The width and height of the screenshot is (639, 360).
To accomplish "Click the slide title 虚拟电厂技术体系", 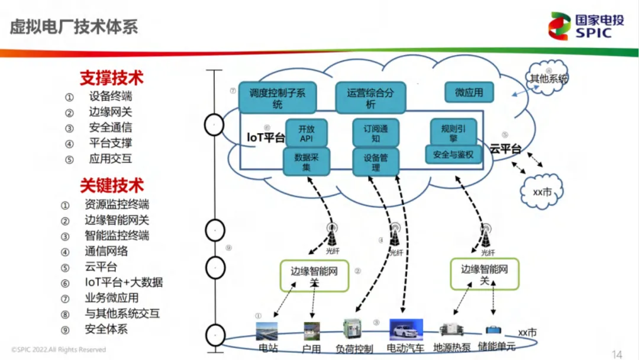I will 74,27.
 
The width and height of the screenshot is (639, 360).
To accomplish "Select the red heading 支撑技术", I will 112,78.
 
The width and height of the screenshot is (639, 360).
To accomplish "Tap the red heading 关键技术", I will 112,185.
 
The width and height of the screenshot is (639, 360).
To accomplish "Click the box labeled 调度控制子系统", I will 277,98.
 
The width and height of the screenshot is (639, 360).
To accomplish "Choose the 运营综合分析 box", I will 370,98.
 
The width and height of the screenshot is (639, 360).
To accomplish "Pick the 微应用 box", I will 469,93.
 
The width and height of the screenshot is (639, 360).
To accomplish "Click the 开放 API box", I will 306,133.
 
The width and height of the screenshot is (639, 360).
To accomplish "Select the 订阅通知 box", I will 376,133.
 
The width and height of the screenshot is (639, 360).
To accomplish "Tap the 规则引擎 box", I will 453,133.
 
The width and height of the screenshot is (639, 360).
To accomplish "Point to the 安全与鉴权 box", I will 453,155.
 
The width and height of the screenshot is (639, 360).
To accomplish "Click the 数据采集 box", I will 306,162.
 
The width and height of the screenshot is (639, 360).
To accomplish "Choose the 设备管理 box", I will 376,162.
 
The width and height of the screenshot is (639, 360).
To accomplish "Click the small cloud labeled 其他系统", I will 548,78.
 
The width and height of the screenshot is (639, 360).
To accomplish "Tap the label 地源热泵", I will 452,348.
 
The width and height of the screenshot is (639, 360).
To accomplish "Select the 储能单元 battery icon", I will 493,330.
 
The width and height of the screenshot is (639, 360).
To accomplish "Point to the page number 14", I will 617,354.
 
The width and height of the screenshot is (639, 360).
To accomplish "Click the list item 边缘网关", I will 111,112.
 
